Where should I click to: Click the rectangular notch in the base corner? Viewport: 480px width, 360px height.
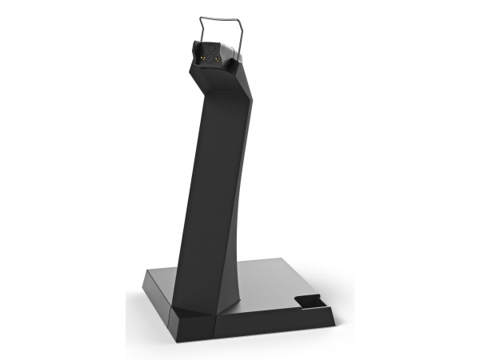[308, 302]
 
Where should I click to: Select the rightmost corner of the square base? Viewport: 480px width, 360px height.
[334, 306]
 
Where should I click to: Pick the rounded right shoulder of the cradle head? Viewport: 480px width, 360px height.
[233, 54]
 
